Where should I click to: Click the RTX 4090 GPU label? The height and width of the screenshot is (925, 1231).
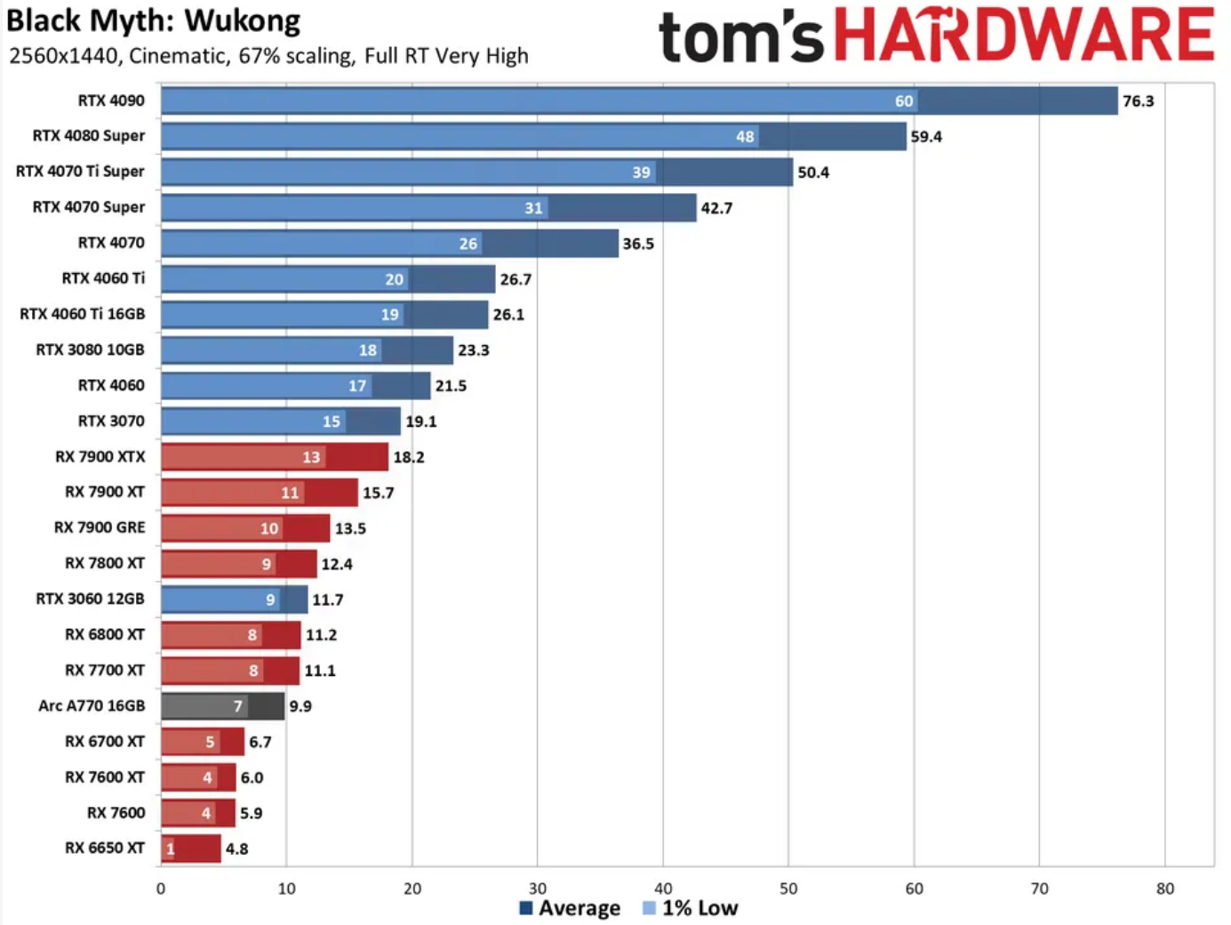click(111, 101)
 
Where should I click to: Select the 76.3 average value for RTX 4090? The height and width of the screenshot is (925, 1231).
click(1138, 101)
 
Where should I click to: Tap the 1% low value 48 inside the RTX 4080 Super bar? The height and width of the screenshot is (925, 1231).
click(745, 137)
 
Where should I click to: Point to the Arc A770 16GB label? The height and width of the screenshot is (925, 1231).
click(92, 705)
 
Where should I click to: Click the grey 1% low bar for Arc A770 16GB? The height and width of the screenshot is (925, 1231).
click(204, 706)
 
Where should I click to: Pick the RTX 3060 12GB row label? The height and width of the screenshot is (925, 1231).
click(90, 599)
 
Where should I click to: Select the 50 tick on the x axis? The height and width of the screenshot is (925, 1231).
click(788, 889)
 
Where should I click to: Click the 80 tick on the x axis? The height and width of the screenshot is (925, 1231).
click(1165, 889)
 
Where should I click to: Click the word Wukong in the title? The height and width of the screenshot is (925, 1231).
click(243, 20)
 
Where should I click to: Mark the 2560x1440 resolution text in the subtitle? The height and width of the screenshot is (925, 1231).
click(64, 56)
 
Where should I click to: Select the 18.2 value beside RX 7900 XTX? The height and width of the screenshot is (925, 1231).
click(409, 457)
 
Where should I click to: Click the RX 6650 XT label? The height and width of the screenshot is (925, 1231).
click(105, 848)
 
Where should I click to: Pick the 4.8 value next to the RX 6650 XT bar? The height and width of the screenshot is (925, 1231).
click(236, 849)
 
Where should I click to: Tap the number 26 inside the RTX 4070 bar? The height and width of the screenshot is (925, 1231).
click(468, 244)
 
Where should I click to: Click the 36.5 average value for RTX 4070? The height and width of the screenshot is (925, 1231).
click(638, 244)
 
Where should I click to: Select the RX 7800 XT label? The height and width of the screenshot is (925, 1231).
click(105, 563)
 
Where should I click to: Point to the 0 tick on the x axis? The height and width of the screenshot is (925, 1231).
click(161, 889)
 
